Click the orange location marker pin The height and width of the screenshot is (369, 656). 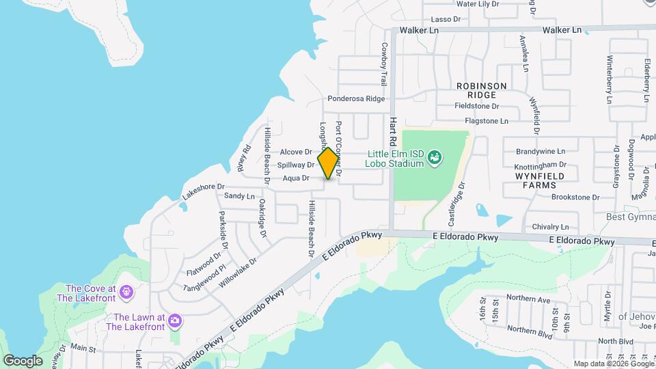click(x=328, y=163)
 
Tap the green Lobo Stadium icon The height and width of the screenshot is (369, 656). click(x=433, y=159)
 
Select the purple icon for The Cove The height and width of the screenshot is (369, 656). click(x=126, y=293)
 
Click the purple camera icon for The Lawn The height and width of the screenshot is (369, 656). click(x=175, y=320)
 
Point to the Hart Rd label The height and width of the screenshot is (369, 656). click(x=393, y=130)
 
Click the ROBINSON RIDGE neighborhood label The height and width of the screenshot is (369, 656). click(x=482, y=90)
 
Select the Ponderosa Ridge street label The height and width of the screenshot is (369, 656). click(x=356, y=98)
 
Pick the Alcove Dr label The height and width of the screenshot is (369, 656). click(x=296, y=152)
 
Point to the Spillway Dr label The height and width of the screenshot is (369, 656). click(x=296, y=165)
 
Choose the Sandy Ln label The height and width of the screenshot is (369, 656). click(x=239, y=196)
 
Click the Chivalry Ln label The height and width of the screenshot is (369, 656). click(x=551, y=227)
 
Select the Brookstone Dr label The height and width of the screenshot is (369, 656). click(x=575, y=197)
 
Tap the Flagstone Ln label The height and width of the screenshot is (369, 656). click(x=487, y=121)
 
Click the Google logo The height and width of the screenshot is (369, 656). click(x=23, y=360)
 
